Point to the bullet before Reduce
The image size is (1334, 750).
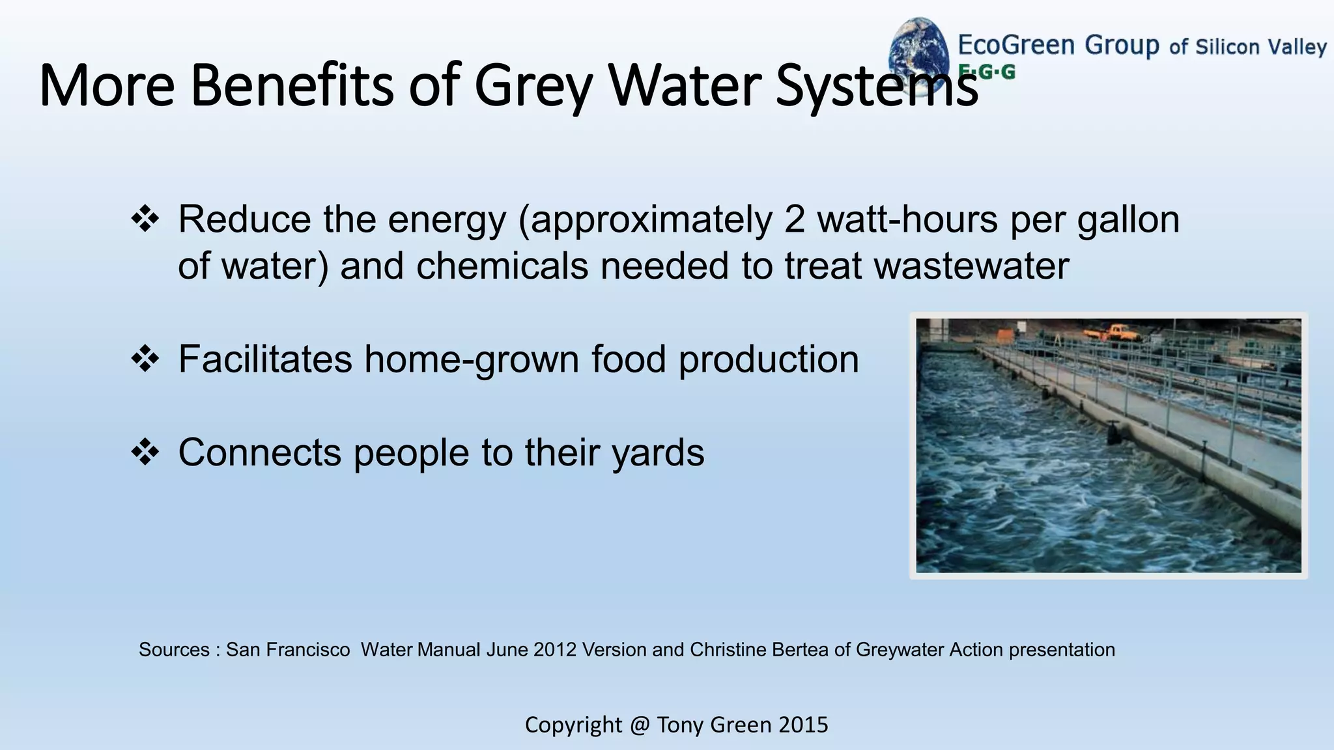coord(145,219)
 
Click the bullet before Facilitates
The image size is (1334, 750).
coord(145,359)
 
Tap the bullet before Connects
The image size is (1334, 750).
coord(145,452)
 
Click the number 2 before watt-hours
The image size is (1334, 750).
coord(795,219)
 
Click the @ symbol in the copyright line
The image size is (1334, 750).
coord(640,725)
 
